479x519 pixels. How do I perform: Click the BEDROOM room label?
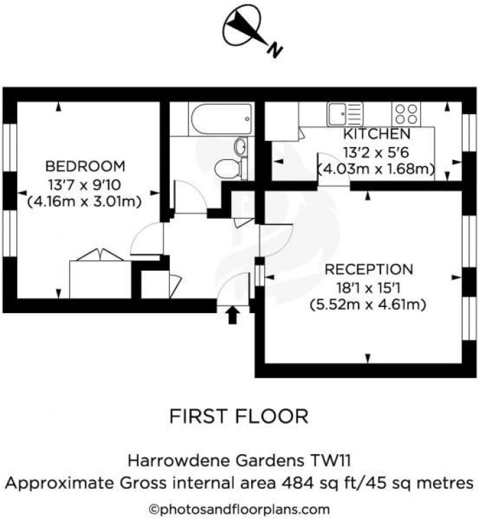click(85, 166)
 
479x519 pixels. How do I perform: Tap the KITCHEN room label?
click(376, 134)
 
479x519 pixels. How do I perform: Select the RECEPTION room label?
click(369, 269)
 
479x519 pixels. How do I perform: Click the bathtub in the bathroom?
click(221, 119)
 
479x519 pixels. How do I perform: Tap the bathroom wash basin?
click(240, 146)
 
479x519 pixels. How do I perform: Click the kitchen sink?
click(345, 114)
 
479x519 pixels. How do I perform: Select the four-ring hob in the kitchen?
click(406, 114)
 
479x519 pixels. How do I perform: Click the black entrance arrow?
click(233, 315)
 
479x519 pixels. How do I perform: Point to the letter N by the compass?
click(274, 51)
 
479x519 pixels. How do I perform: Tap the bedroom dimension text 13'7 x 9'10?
click(85, 185)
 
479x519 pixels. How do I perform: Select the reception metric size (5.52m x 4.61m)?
click(367, 304)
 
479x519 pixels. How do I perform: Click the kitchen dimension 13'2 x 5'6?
click(376, 152)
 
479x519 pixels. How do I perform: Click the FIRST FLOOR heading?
click(239, 416)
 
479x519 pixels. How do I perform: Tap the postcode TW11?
click(331, 460)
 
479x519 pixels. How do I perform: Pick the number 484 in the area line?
click(298, 483)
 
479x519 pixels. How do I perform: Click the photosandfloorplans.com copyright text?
click(239, 509)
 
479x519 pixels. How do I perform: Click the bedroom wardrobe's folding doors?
click(101, 255)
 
